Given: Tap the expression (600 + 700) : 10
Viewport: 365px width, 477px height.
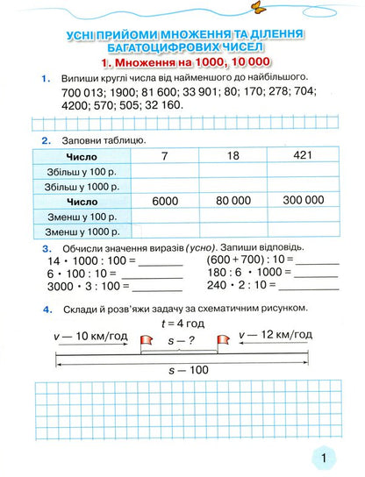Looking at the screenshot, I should click(240, 260).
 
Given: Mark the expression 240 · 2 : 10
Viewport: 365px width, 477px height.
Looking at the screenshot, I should click(234, 285).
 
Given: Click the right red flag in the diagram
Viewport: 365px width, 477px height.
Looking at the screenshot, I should click(224, 338).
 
